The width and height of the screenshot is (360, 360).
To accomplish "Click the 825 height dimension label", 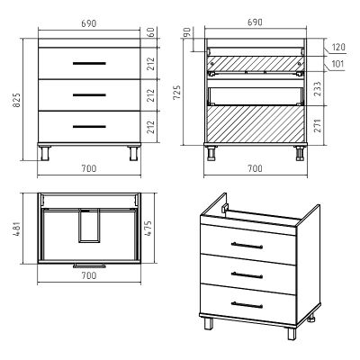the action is (x=16, y=100).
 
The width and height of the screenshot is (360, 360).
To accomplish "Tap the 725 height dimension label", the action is (x=177, y=93).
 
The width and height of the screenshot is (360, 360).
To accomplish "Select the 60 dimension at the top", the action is (x=151, y=32).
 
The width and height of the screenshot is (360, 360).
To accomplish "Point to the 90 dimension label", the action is (x=187, y=32).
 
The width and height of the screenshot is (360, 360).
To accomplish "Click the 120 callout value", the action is (x=338, y=47).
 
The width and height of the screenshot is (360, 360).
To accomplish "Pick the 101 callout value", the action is (x=337, y=64).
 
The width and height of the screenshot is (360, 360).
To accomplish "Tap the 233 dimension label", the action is (x=318, y=88).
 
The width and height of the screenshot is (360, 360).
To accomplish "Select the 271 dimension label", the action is (x=318, y=125).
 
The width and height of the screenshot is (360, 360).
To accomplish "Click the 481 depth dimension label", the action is (x=16, y=229).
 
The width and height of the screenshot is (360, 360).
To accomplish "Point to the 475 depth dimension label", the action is (x=148, y=229).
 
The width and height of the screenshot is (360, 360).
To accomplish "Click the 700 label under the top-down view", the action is (x=89, y=275).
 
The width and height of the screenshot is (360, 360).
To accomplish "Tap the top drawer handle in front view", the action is (x=89, y=63).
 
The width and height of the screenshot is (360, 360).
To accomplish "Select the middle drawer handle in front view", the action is (x=89, y=95).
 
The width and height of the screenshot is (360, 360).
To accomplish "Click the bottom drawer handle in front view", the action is (x=89, y=127).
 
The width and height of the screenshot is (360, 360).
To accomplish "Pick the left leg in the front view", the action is (x=45, y=153).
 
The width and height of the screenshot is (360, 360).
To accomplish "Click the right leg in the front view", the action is (x=134, y=153).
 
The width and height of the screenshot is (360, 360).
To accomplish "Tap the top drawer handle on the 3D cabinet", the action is (x=247, y=246).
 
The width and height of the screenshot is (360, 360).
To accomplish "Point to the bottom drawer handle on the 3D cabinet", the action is (x=247, y=305).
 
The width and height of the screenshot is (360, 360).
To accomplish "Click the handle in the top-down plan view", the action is (x=89, y=265).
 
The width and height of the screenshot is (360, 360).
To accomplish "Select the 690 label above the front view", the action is (x=89, y=23).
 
